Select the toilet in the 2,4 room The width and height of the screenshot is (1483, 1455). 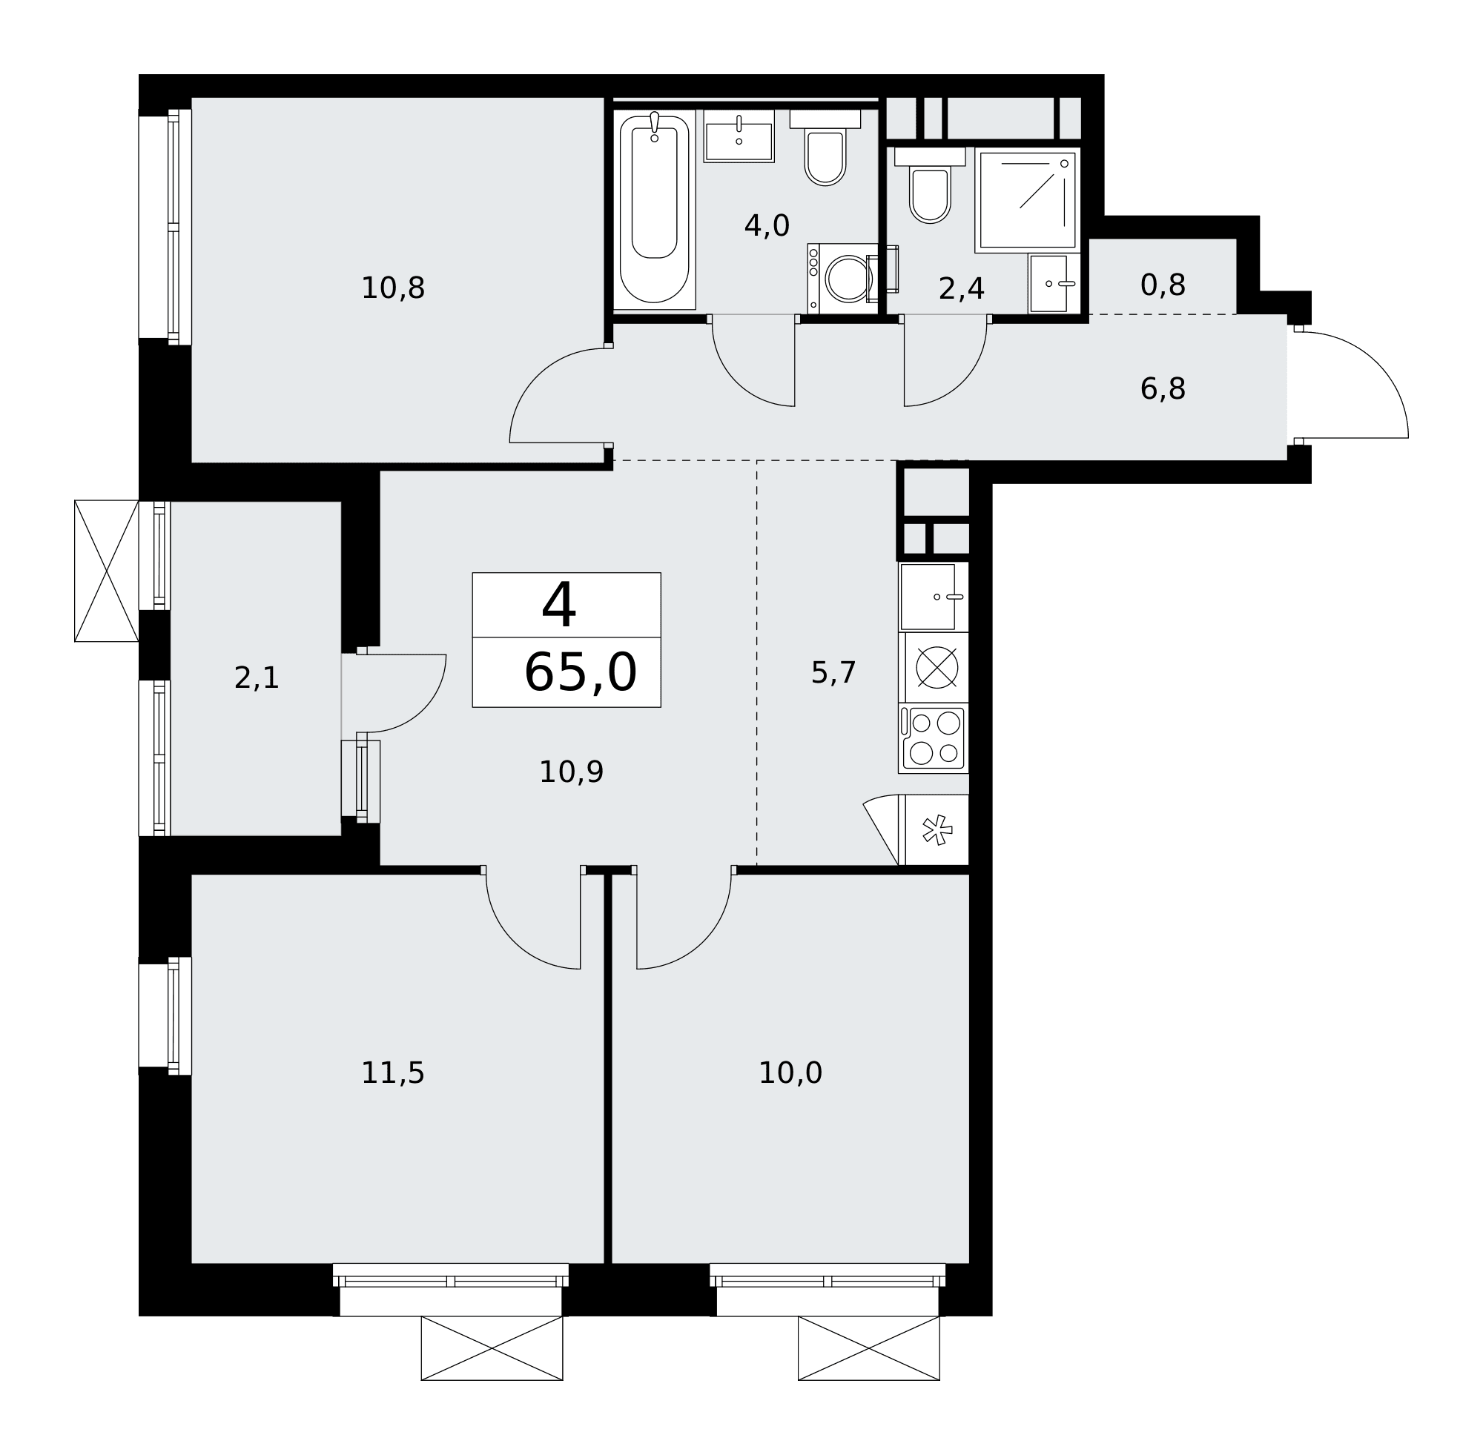pos(930,186)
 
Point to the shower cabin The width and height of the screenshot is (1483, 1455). pos(1028,200)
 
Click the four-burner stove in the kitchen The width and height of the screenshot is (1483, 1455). pos(934,738)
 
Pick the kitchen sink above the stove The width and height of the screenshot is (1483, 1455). pos(934,597)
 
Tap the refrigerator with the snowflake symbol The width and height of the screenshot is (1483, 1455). pos(937,830)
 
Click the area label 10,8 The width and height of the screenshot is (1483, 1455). pos(393,288)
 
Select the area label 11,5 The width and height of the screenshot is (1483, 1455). pos(393,1073)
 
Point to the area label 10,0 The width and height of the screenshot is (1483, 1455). pos(790,1073)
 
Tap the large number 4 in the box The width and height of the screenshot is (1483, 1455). pos(559,605)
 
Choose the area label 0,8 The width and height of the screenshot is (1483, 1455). pos(1163,285)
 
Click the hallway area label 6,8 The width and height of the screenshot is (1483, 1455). pos(1163,389)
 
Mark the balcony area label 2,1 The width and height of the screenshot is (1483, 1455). pos(257,677)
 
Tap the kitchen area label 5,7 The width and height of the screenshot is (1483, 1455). pos(833,672)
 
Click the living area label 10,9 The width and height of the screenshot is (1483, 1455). pos(572,772)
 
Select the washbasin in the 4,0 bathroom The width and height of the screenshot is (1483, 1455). pos(739,136)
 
